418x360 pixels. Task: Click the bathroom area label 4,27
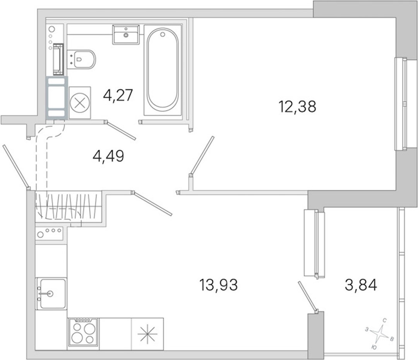click(x=118, y=95)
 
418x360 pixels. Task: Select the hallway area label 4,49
click(x=108, y=156)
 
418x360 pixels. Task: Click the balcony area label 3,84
click(x=361, y=285)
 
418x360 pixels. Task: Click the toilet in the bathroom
click(x=81, y=59)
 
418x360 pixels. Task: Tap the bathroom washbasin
click(x=126, y=34)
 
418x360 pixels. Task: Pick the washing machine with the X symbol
click(x=80, y=103)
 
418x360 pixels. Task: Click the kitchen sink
click(x=51, y=293)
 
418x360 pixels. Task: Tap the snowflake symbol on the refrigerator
click(x=147, y=334)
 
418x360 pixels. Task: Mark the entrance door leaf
click(x=15, y=166)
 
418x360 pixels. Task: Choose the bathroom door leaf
click(x=121, y=130)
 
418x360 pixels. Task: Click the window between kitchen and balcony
click(x=315, y=243)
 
